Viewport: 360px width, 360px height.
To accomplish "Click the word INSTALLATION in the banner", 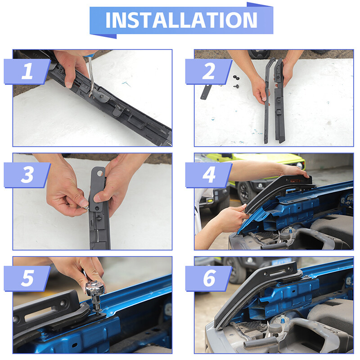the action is (181, 20).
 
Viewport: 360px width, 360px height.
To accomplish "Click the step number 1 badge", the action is (27, 72).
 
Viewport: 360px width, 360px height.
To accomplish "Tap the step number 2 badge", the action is (209, 72).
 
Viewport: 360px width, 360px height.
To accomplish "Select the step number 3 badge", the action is (27, 175).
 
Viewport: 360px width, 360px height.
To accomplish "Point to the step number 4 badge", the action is (209, 175).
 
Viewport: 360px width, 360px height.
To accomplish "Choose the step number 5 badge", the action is (27, 278).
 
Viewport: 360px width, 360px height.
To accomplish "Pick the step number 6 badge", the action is (209, 278).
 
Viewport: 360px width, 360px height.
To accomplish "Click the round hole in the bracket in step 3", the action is (100, 173).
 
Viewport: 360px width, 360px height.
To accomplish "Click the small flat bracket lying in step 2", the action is (206, 92).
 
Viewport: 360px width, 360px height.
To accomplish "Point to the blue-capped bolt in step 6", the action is (283, 319).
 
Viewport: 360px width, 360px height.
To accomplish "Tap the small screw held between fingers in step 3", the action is (86, 208).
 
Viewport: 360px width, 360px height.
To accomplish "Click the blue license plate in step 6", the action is (282, 261).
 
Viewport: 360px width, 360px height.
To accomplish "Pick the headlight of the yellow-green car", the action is (299, 165).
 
